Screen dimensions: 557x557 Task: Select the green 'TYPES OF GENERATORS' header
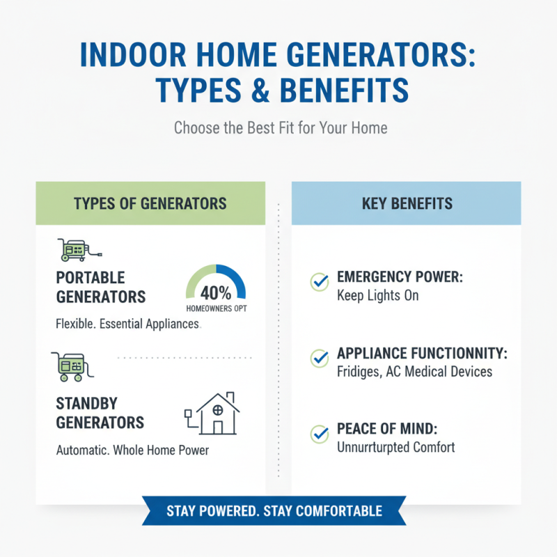150,203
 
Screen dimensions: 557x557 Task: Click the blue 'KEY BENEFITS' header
407,203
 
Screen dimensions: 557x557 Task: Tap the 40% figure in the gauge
216,292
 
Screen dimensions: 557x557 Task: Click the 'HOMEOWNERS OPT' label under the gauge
216,308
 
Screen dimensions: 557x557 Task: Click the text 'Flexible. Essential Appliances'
127,324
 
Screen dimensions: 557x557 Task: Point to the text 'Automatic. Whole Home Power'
132,450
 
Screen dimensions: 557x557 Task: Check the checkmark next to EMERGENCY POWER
319,282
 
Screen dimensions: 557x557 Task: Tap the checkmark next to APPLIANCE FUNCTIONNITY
319,359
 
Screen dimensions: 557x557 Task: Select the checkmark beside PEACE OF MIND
319,434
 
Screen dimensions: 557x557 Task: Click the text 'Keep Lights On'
377,296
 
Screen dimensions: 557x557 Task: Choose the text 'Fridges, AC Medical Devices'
414,372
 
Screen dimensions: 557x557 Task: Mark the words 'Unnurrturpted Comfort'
395,447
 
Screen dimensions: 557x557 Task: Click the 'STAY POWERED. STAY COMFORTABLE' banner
274,511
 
